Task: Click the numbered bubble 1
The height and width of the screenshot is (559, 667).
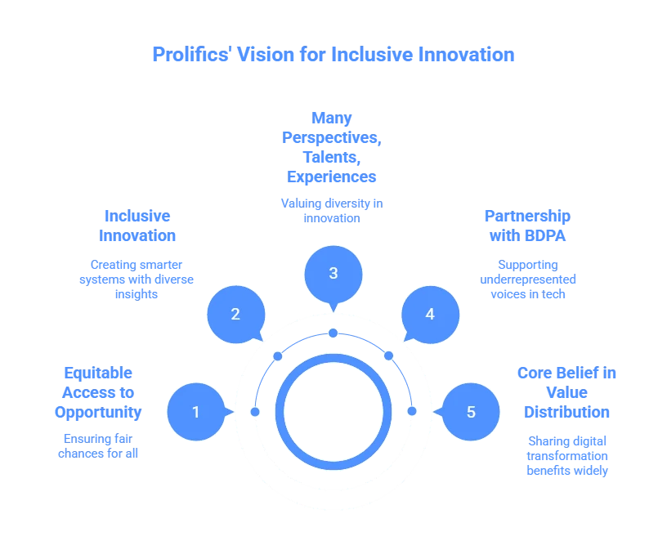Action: pyautogui.click(x=196, y=412)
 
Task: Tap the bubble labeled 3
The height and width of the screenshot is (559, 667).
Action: pyautogui.click(x=333, y=273)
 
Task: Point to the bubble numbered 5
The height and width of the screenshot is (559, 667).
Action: pyautogui.click(x=470, y=412)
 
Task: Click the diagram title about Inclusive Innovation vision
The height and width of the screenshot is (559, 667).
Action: pyautogui.click(x=333, y=56)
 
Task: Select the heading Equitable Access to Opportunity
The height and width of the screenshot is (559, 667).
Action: pyautogui.click(x=99, y=391)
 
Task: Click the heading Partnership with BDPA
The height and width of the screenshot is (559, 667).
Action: pyautogui.click(x=527, y=226)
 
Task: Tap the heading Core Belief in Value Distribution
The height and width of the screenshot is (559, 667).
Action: pyautogui.click(x=568, y=392)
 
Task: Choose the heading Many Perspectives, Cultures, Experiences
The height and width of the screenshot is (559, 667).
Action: pyautogui.click(x=333, y=147)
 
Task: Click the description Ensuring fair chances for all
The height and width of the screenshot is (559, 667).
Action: pyautogui.click(x=99, y=445)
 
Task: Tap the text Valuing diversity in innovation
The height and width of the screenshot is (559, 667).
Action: pyautogui.click(x=333, y=210)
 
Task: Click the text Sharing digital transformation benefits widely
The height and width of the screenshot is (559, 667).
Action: pyautogui.click(x=568, y=455)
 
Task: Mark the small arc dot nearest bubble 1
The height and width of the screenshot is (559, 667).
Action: pyautogui.click(x=255, y=411)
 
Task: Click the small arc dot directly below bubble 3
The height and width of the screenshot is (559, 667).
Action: pyautogui.click(x=333, y=333)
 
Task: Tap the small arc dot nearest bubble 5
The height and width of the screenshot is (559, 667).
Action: pyautogui.click(x=411, y=410)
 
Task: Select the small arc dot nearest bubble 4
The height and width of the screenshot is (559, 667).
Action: pyautogui.click(x=388, y=356)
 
